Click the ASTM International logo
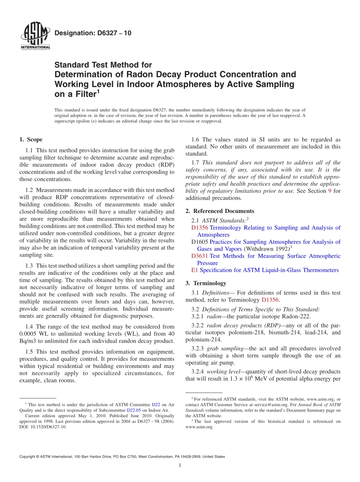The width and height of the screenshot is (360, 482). click(35, 37)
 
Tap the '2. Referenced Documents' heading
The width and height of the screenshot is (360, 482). click(219, 211)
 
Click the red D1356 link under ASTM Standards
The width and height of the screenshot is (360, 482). click(200, 228)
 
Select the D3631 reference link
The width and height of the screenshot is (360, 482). click(200, 256)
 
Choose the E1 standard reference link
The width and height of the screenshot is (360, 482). click(195, 270)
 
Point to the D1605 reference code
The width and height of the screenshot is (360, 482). click(200, 242)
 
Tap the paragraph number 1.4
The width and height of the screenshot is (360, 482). click(30, 327)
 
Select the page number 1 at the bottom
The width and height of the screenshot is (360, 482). click(180, 466)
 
